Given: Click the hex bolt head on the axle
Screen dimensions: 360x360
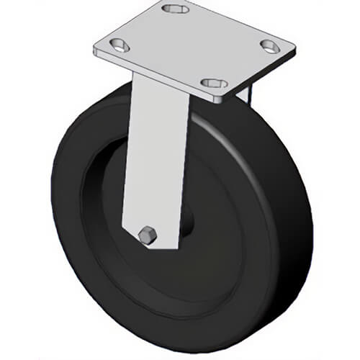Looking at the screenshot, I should click(x=148, y=235).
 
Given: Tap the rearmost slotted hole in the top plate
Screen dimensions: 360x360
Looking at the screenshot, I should click(x=174, y=9).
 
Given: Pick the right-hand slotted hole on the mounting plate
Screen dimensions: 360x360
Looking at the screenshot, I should click(x=271, y=48).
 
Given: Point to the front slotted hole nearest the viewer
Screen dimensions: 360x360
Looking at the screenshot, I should click(x=213, y=84).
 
